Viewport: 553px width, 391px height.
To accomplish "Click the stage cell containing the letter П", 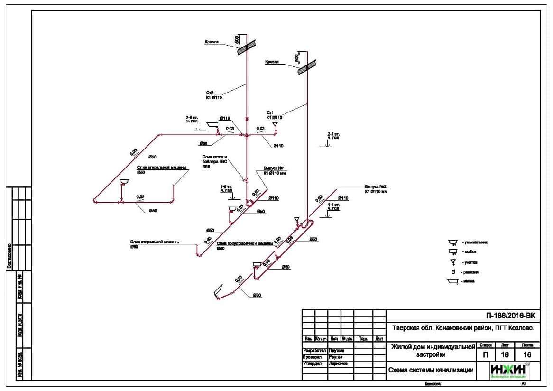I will click(485, 354).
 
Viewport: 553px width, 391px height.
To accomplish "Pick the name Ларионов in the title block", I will click(338, 363).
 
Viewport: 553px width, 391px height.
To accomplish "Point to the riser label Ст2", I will click(210, 93).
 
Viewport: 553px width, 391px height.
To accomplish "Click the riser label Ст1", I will click(270, 112).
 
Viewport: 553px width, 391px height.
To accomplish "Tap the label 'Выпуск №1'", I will click(273, 168).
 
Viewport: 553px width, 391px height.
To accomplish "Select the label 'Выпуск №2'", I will click(376, 187).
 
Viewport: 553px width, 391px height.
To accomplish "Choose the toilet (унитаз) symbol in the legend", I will click(453, 262).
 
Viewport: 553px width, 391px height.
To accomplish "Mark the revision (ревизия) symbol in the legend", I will click(453, 272).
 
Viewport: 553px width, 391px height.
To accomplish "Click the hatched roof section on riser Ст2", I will click(246, 46).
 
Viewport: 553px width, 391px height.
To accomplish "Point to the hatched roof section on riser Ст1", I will click(306, 68).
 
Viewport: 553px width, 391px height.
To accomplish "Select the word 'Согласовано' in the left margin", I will click(9, 256).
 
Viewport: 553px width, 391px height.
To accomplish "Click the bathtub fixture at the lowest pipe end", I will click(218, 291).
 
